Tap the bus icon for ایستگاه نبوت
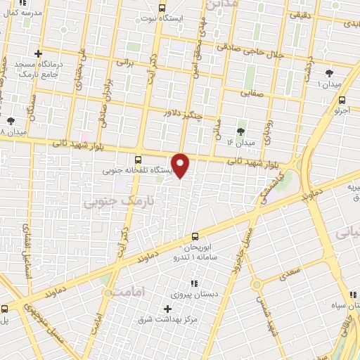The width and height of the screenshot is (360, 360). click(x=162, y=8)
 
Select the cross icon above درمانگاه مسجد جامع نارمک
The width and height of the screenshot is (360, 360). click(x=38, y=53)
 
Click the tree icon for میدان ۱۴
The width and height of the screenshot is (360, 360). click(x=240, y=131)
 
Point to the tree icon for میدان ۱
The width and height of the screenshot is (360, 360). click(x=330, y=73)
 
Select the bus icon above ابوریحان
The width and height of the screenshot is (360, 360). click(x=195, y=238)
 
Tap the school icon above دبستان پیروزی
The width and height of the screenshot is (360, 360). click(x=195, y=283)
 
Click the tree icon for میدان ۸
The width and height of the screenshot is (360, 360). click(x=10, y=121)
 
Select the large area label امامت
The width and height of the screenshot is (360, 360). click(x=127, y=290)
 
